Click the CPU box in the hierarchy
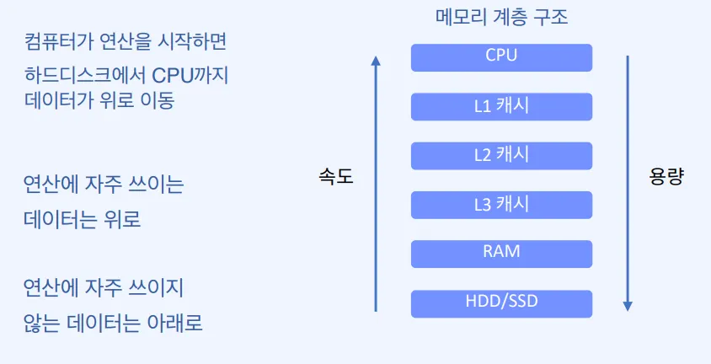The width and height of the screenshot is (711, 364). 501,57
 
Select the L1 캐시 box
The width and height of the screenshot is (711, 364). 501,106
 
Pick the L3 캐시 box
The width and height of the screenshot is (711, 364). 501,204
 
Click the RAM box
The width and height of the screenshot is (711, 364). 501,252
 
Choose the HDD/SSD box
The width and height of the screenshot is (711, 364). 501,302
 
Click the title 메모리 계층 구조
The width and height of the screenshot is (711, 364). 501,17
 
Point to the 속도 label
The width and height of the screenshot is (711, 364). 335,178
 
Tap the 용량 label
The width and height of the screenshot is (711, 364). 666,178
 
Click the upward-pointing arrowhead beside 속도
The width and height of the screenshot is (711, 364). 376,61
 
